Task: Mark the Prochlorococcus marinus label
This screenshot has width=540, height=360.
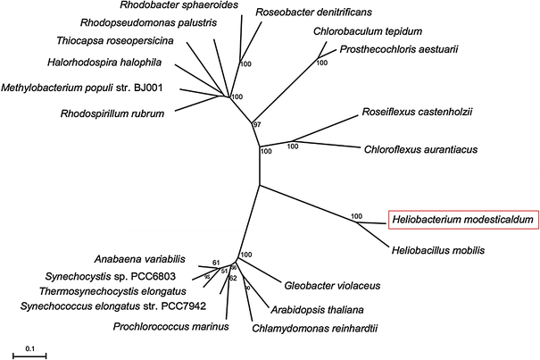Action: coord(170,326)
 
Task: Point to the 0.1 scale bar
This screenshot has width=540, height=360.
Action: coord(29,353)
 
